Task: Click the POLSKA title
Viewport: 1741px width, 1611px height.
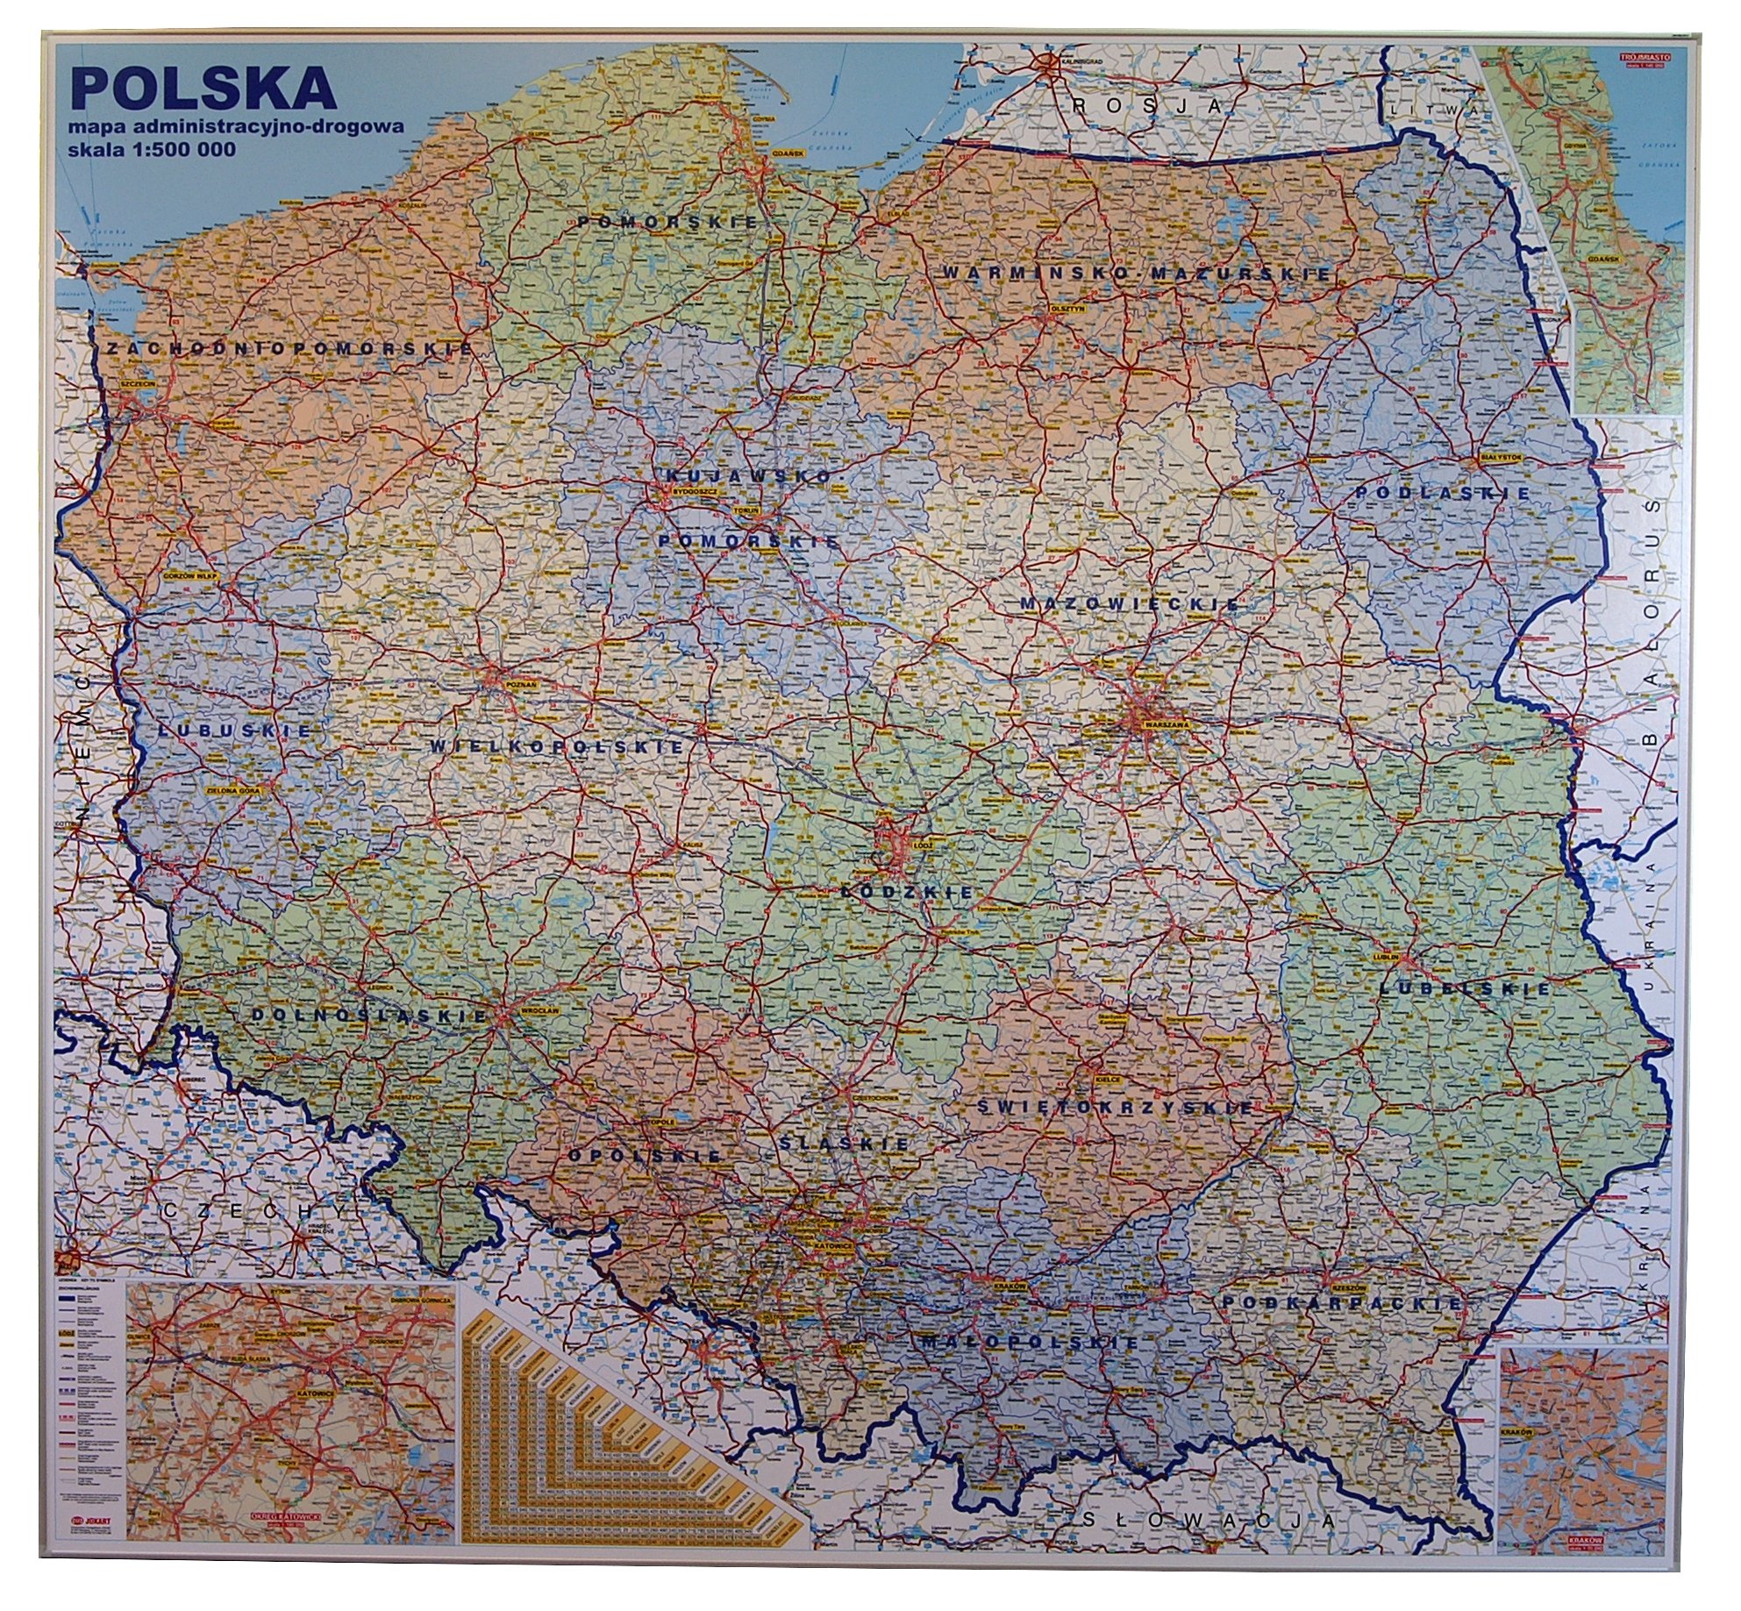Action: (203, 89)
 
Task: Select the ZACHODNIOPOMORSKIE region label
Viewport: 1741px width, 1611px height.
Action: (287, 349)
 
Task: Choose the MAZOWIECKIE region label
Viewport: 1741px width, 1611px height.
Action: (1130, 604)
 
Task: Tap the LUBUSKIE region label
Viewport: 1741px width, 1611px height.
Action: (236, 730)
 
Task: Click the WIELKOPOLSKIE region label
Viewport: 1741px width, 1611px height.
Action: (556, 747)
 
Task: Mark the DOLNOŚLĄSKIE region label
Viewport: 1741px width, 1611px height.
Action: (369, 1016)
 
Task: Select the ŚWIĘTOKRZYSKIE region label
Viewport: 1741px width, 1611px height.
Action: (1116, 1108)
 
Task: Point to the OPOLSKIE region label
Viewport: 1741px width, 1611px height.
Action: (644, 1157)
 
